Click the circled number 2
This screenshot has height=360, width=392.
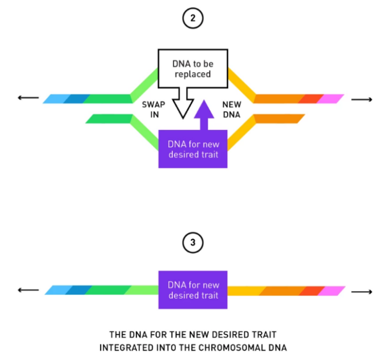pyautogui.click(x=193, y=19)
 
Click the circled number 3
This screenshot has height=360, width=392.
pyautogui.click(x=193, y=243)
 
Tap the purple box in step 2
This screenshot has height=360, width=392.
pyautogui.click(x=193, y=148)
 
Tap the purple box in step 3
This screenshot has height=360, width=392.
pyautogui.click(x=193, y=290)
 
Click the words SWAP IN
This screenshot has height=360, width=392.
pyautogui.click(x=154, y=109)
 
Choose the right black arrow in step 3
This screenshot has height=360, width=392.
pyautogui.click(x=361, y=291)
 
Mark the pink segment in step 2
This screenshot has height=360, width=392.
pyautogui.click(x=331, y=99)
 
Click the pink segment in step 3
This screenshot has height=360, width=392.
pyautogui.click(x=332, y=291)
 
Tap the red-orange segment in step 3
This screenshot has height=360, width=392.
pyautogui.click(x=311, y=291)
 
